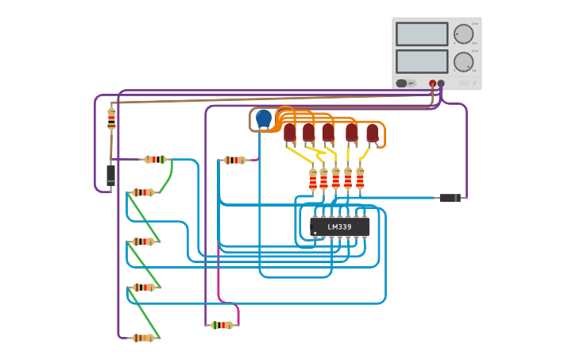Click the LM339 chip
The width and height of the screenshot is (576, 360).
(x=340, y=226)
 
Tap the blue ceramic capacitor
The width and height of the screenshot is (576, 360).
(x=264, y=118)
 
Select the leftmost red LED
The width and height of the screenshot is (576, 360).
(x=290, y=133)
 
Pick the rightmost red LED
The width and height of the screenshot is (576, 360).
(x=373, y=133)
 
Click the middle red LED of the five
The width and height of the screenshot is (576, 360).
(x=328, y=133)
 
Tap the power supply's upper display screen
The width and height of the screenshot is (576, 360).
(x=422, y=34)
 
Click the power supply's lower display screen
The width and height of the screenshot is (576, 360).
(x=422, y=61)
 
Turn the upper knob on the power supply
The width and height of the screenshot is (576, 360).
(x=463, y=34)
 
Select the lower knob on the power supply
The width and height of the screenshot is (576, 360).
(x=463, y=62)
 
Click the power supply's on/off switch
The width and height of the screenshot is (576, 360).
(x=402, y=83)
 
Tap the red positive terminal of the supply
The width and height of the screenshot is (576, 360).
(x=432, y=83)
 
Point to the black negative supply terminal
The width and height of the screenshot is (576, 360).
(x=441, y=83)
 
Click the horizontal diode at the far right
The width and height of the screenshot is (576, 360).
(x=450, y=198)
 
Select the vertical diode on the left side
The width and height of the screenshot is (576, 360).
(x=110, y=175)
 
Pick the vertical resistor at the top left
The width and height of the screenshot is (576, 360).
(x=111, y=119)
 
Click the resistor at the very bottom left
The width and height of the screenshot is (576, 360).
(x=143, y=338)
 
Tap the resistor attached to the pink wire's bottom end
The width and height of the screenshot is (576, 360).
(x=222, y=325)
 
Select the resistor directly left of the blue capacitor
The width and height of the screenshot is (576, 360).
(x=234, y=160)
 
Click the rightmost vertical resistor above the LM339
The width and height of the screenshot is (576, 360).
(x=360, y=179)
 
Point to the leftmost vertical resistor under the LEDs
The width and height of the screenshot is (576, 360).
(x=313, y=180)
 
